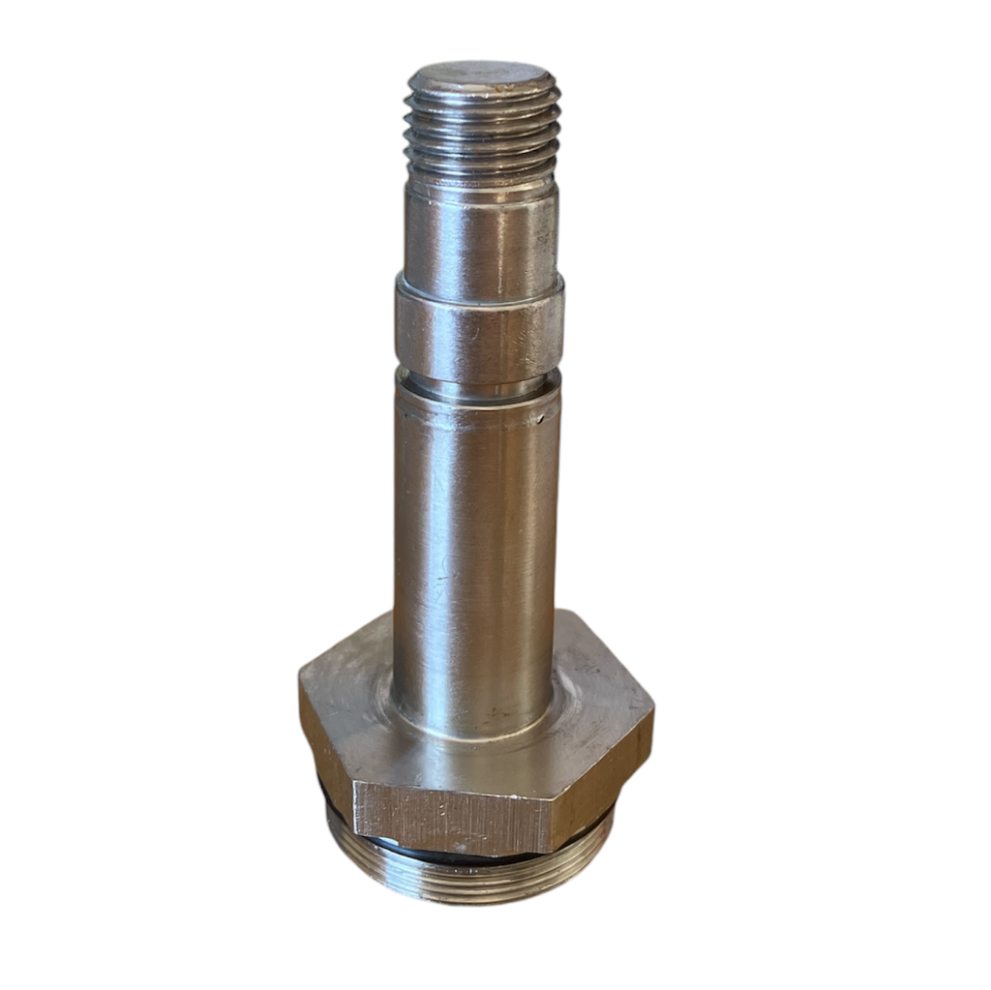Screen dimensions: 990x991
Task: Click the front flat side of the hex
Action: [x=450, y=818]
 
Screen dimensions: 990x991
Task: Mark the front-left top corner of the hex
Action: [x=354, y=783]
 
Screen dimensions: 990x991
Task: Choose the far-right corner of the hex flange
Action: [x=652, y=712]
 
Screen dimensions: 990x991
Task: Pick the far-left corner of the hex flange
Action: [x=301, y=677]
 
